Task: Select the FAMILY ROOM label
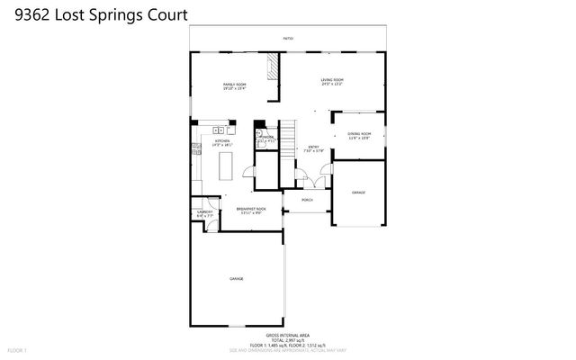click(x=235, y=85)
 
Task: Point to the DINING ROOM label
click(x=360, y=134)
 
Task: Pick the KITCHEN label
click(x=221, y=141)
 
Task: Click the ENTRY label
click(x=314, y=147)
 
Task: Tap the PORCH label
click(x=307, y=199)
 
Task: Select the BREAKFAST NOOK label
click(x=251, y=209)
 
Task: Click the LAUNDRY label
click(x=205, y=212)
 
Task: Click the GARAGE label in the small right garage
click(x=358, y=193)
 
